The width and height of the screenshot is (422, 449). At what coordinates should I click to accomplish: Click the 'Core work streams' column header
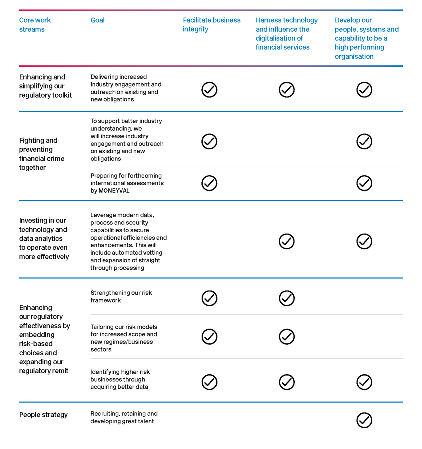click(35, 25)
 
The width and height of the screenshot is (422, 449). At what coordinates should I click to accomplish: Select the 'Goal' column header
click(98, 20)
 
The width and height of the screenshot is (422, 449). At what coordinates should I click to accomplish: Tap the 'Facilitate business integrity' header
click(211, 25)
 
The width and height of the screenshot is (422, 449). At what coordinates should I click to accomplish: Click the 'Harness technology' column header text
click(286, 20)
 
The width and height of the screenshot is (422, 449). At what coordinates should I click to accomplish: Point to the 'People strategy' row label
click(43, 415)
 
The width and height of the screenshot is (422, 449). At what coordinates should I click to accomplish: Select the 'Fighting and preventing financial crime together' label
click(41, 154)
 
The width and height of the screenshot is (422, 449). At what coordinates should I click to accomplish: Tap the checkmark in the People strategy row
click(364, 420)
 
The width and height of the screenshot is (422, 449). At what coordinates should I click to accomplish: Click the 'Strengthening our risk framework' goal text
click(121, 296)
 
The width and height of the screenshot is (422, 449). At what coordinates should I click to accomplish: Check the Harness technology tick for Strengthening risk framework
click(286, 298)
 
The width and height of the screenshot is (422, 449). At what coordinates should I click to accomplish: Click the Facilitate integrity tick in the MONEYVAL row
click(209, 183)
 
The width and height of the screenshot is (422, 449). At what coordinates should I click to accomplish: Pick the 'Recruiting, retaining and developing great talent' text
click(124, 417)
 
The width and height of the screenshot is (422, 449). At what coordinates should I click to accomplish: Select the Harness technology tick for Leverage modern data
click(286, 241)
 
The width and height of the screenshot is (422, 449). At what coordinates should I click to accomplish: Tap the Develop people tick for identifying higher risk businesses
click(364, 382)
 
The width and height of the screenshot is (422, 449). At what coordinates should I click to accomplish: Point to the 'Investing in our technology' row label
click(44, 238)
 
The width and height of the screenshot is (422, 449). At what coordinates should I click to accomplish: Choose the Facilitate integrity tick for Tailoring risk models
click(209, 337)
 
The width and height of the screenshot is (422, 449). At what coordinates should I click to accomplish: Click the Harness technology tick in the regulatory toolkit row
click(286, 90)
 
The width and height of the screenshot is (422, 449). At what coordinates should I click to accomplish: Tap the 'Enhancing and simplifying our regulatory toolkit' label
click(45, 86)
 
